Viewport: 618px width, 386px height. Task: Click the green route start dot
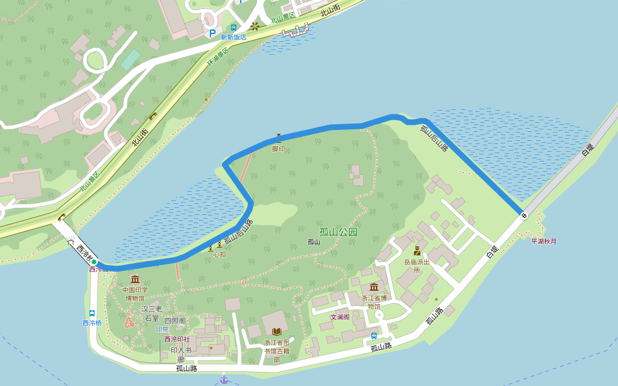(x=94, y=262)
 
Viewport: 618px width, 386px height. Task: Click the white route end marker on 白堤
(x=524, y=216)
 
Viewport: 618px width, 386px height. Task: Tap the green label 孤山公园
(x=338, y=232)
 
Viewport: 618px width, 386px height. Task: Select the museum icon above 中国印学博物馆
(x=135, y=279)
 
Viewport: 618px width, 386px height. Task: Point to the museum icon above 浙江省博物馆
(x=374, y=287)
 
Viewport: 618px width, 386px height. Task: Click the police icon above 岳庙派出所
(x=417, y=251)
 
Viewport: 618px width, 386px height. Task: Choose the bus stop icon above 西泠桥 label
(x=92, y=313)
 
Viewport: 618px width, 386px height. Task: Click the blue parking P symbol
(x=212, y=33)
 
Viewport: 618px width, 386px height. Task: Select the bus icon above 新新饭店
(x=234, y=28)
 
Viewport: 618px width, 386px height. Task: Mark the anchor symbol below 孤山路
(x=224, y=379)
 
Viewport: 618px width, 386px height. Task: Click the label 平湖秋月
(x=543, y=241)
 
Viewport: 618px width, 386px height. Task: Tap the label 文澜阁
(x=340, y=317)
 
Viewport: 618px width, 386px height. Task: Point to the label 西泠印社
(x=177, y=339)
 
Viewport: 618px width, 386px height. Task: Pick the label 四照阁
(x=174, y=320)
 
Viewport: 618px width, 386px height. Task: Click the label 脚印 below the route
(x=278, y=149)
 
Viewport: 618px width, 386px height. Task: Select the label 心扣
(x=220, y=254)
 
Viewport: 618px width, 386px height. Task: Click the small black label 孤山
(x=314, y=242)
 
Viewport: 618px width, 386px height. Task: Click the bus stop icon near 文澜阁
(x=374, y=335)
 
